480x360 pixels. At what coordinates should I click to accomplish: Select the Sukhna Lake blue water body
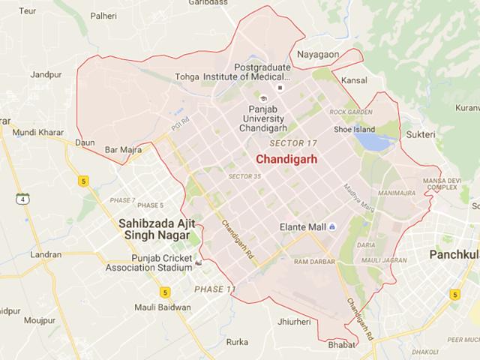click(x=367, y=139)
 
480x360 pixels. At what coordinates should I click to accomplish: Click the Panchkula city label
click(x=453, y=256)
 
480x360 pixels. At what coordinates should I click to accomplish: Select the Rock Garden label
click(x=350, y=112)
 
